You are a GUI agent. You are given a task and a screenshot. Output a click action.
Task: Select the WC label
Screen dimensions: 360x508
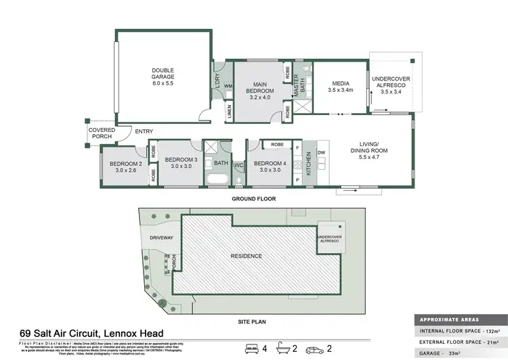238,164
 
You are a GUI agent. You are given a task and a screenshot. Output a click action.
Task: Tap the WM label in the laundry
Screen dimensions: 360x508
228,86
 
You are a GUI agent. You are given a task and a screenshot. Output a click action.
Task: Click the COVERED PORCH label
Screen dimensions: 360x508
101,133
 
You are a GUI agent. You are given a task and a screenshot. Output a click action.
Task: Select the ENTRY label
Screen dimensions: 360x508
143,131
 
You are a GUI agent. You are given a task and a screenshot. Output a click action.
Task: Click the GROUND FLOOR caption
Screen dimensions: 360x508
253,199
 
